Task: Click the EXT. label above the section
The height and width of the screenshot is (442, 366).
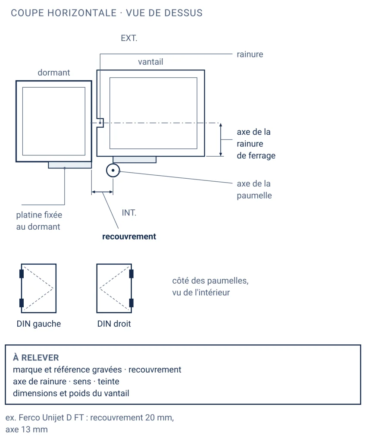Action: click(129, 38)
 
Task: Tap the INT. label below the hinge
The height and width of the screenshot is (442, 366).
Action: click(129, 212)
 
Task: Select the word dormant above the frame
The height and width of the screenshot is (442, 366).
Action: click(54, 73)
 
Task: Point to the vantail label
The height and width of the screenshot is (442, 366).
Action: click(150, 62)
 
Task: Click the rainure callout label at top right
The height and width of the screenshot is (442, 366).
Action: click(250, 54)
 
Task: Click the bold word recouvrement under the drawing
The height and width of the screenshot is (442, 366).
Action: click(129, 236)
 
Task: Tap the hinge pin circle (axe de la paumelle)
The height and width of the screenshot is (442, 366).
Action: click(113, 170)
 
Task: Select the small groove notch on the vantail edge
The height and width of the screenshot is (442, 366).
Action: click(100, 123)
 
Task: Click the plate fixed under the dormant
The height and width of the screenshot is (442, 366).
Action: click(70, 165)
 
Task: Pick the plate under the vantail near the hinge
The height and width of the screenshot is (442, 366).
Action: click(135, 160)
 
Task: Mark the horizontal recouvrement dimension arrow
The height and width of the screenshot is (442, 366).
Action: click(102, 192)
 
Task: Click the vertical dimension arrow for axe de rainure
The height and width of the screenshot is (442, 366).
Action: click(221, 139)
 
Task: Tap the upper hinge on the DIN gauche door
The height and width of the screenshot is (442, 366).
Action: click(22, 274)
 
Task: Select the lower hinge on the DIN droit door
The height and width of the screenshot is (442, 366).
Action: click(131, 303)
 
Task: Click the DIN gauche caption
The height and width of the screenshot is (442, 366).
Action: click(39, 324)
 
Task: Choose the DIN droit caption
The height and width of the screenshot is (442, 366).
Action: click(114, 324)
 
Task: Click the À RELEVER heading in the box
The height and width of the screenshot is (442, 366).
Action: click(36, 357)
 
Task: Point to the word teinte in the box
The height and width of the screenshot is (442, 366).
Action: click(108, 382)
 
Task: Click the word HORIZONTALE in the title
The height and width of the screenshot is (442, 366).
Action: click(82, 13)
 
